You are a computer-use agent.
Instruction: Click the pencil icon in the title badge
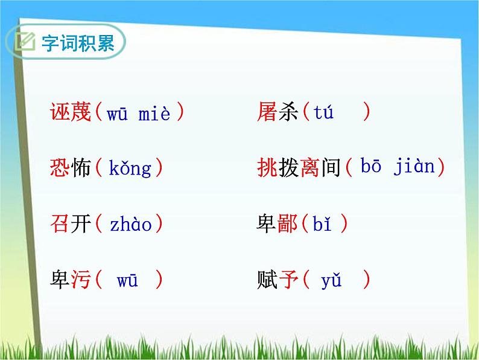point(27,42)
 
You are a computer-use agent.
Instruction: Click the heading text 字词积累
point(77,43)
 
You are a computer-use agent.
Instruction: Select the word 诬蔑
point(71,112)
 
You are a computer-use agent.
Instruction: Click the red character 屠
point(267,112)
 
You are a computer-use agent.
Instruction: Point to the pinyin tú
point(323,113)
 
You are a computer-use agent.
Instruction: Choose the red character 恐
point(60,167)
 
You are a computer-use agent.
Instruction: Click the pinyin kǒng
point(130,169)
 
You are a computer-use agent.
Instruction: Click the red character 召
point(60,224)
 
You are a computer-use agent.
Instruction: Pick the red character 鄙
point(287,224)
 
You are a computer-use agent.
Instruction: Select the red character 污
point(81,280)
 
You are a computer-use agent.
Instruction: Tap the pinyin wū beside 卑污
point(127,280)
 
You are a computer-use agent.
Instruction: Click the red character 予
point(287,280)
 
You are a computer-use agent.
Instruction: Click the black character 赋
point(267,280)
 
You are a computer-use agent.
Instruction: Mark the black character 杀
point(287,112)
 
